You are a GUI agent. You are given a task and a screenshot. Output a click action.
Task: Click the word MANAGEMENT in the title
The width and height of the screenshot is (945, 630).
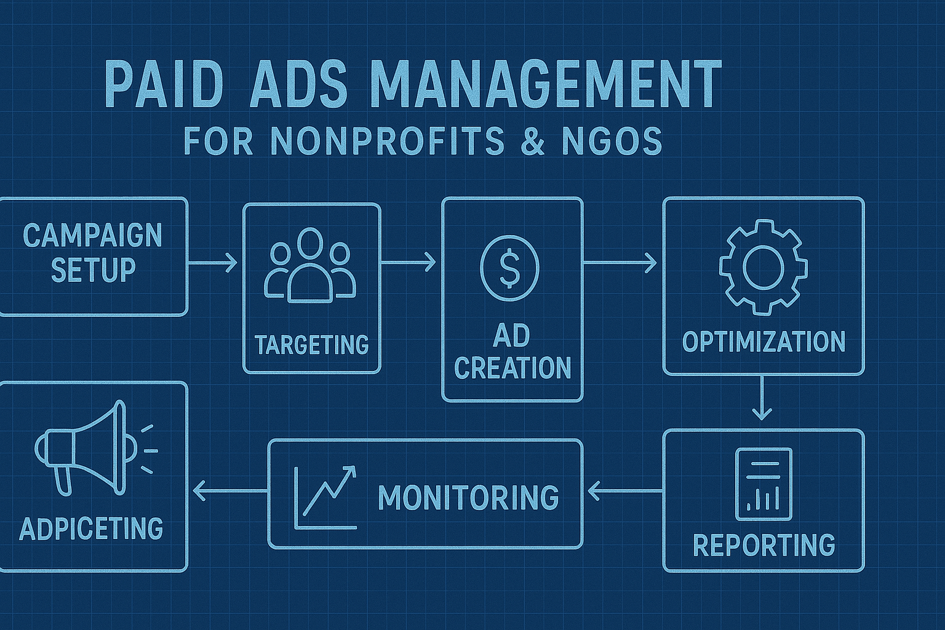(x=546, y=84)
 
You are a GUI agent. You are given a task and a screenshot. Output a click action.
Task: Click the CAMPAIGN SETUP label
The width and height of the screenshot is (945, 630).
(x=92, y=253)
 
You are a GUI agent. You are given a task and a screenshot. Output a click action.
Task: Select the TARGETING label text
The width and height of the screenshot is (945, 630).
(x=311, y=345)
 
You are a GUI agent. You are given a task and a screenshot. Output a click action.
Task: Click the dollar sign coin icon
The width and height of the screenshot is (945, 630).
(x=509, y=269)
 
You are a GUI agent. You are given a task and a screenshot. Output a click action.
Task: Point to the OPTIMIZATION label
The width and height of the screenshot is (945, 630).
(x=764, y=342)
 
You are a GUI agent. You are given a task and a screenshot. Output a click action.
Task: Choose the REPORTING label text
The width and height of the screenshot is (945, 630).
(x=764, y=545)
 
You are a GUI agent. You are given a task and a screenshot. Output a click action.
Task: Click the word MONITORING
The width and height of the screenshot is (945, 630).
(x=468, y=498)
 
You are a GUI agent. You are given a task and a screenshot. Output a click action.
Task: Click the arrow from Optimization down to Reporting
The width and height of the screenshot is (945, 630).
(x=762, y=399)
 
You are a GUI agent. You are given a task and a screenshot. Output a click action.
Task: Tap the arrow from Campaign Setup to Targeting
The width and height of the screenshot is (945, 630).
(x=213, y=263)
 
